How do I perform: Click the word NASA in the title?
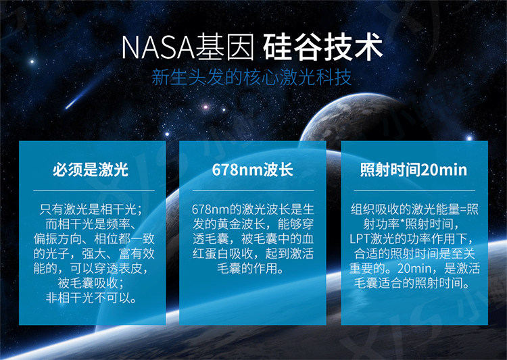click(158, 47)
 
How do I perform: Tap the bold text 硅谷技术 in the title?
click(322, 47)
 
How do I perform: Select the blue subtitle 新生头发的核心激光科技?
click(251, 78)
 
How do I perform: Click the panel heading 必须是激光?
click(91, 170)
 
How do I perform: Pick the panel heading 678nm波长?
click(253, 170)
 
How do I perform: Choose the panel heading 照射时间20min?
click(414, 170)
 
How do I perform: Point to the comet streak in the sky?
click(84, 93)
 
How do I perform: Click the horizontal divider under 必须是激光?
click(94, 190)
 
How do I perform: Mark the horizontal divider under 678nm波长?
click(254, 190)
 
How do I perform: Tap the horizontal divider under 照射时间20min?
click(414, 190)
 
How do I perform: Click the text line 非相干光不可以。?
click(91, 298)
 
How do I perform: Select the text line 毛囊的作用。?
click(251, 268)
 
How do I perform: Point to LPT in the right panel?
click(360, 239)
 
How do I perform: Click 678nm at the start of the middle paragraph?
click(210, 210)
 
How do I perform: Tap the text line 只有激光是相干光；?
click(91, 209)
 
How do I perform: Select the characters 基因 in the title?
click(225, 47)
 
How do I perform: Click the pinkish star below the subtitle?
click(206, 107)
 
